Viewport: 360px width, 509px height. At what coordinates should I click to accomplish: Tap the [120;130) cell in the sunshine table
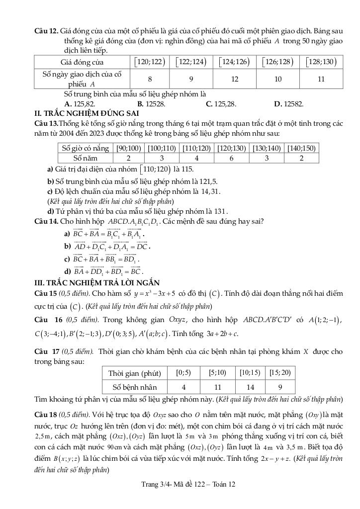pos(231,148)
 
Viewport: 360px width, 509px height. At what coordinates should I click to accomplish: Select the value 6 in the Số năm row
pos(231,158)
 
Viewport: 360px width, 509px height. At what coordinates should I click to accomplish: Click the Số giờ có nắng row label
pos(84,148)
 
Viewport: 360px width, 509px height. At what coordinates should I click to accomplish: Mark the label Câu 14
pos(45,221)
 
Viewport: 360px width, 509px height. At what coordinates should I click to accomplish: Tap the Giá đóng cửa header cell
pos(82,62)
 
